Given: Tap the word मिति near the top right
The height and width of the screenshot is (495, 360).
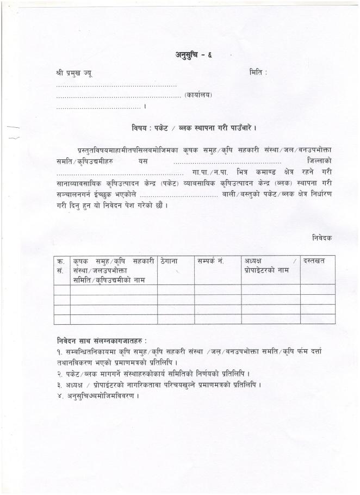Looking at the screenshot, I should (258, 72).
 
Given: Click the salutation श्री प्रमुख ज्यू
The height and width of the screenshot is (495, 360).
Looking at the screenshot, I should (74, 73).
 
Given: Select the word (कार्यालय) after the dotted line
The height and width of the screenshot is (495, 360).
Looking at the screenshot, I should (198, 95).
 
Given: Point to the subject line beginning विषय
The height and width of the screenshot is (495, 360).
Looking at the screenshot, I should (194, 128).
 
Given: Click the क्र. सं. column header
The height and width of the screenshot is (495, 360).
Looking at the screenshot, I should (61, 265).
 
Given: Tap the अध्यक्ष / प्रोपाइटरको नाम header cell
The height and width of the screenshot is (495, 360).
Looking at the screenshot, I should (270, 266).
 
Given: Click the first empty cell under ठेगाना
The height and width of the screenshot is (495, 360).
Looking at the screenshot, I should (176, 290).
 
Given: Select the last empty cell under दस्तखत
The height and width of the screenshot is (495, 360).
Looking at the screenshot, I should (318, 319).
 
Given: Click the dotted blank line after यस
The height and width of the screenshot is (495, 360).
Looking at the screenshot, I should (227, 162).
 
